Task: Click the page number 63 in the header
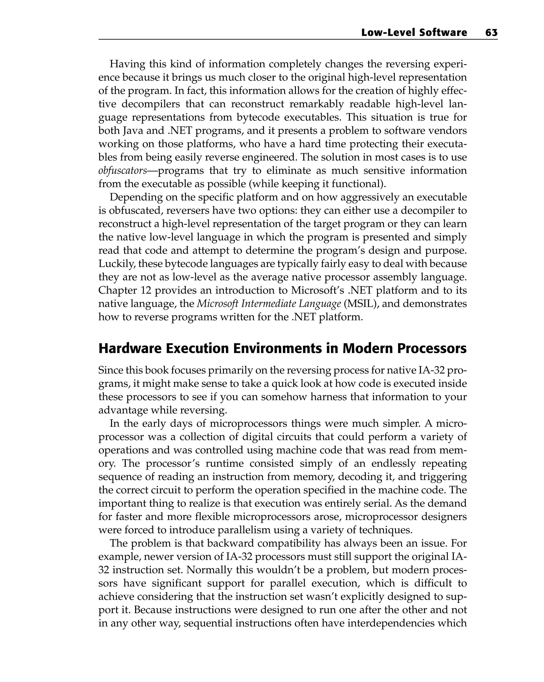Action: click(x=491, y=33)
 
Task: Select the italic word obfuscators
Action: click(x=123, y=171)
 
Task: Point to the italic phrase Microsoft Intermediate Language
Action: click(x=269, y=304)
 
